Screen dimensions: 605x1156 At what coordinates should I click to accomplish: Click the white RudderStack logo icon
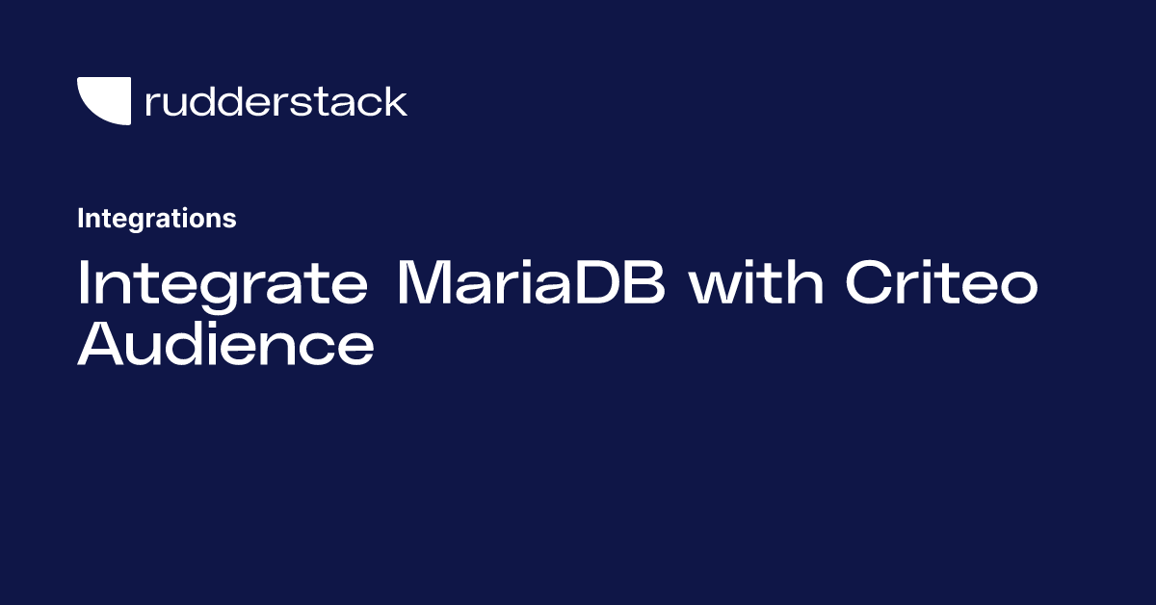tap(103, 100)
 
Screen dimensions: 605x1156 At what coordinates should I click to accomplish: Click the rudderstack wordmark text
tap(276, 101)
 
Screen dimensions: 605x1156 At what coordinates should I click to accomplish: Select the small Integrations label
tap(156, 219)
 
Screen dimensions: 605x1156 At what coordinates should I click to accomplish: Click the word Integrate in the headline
tap(223, 284)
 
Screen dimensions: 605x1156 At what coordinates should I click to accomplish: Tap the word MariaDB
tap(531, 284)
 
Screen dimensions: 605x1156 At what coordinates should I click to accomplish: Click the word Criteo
tap(941, 284)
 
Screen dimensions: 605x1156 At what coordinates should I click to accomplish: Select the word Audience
tap(225, 345)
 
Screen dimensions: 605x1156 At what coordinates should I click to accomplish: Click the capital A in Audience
tap(101, 345)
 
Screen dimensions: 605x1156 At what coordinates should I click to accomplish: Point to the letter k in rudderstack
tap(395, 101)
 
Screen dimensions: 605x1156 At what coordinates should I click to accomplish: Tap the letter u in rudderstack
tap(176, 104)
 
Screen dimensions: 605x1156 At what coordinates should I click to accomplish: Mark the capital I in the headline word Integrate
tap(84, 284)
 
